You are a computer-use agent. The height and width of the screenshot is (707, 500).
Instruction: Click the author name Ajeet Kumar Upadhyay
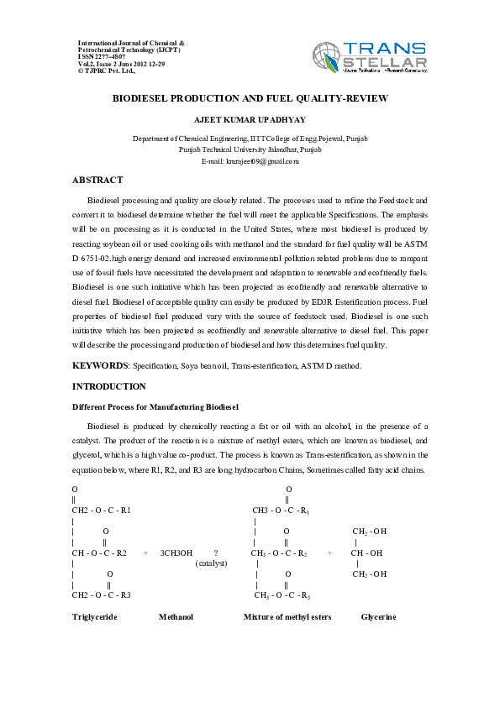tap(250, 121)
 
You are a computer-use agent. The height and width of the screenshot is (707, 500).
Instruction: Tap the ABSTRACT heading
tap(97, 181)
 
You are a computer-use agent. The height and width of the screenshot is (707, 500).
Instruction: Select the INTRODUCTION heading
tap(109, 386)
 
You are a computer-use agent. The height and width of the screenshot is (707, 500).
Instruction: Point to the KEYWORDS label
tap(98, 366)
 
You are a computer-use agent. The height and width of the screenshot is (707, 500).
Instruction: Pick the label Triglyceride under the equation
tap(94, 616)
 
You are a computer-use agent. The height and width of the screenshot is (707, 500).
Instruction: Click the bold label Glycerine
tap(378, 616)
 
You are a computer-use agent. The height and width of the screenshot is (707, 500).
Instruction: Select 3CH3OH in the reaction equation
tap(176, 553)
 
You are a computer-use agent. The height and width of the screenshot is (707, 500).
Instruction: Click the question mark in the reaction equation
tap(216, 553)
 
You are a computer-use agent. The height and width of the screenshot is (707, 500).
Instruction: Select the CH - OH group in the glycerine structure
tap(366, 553)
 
